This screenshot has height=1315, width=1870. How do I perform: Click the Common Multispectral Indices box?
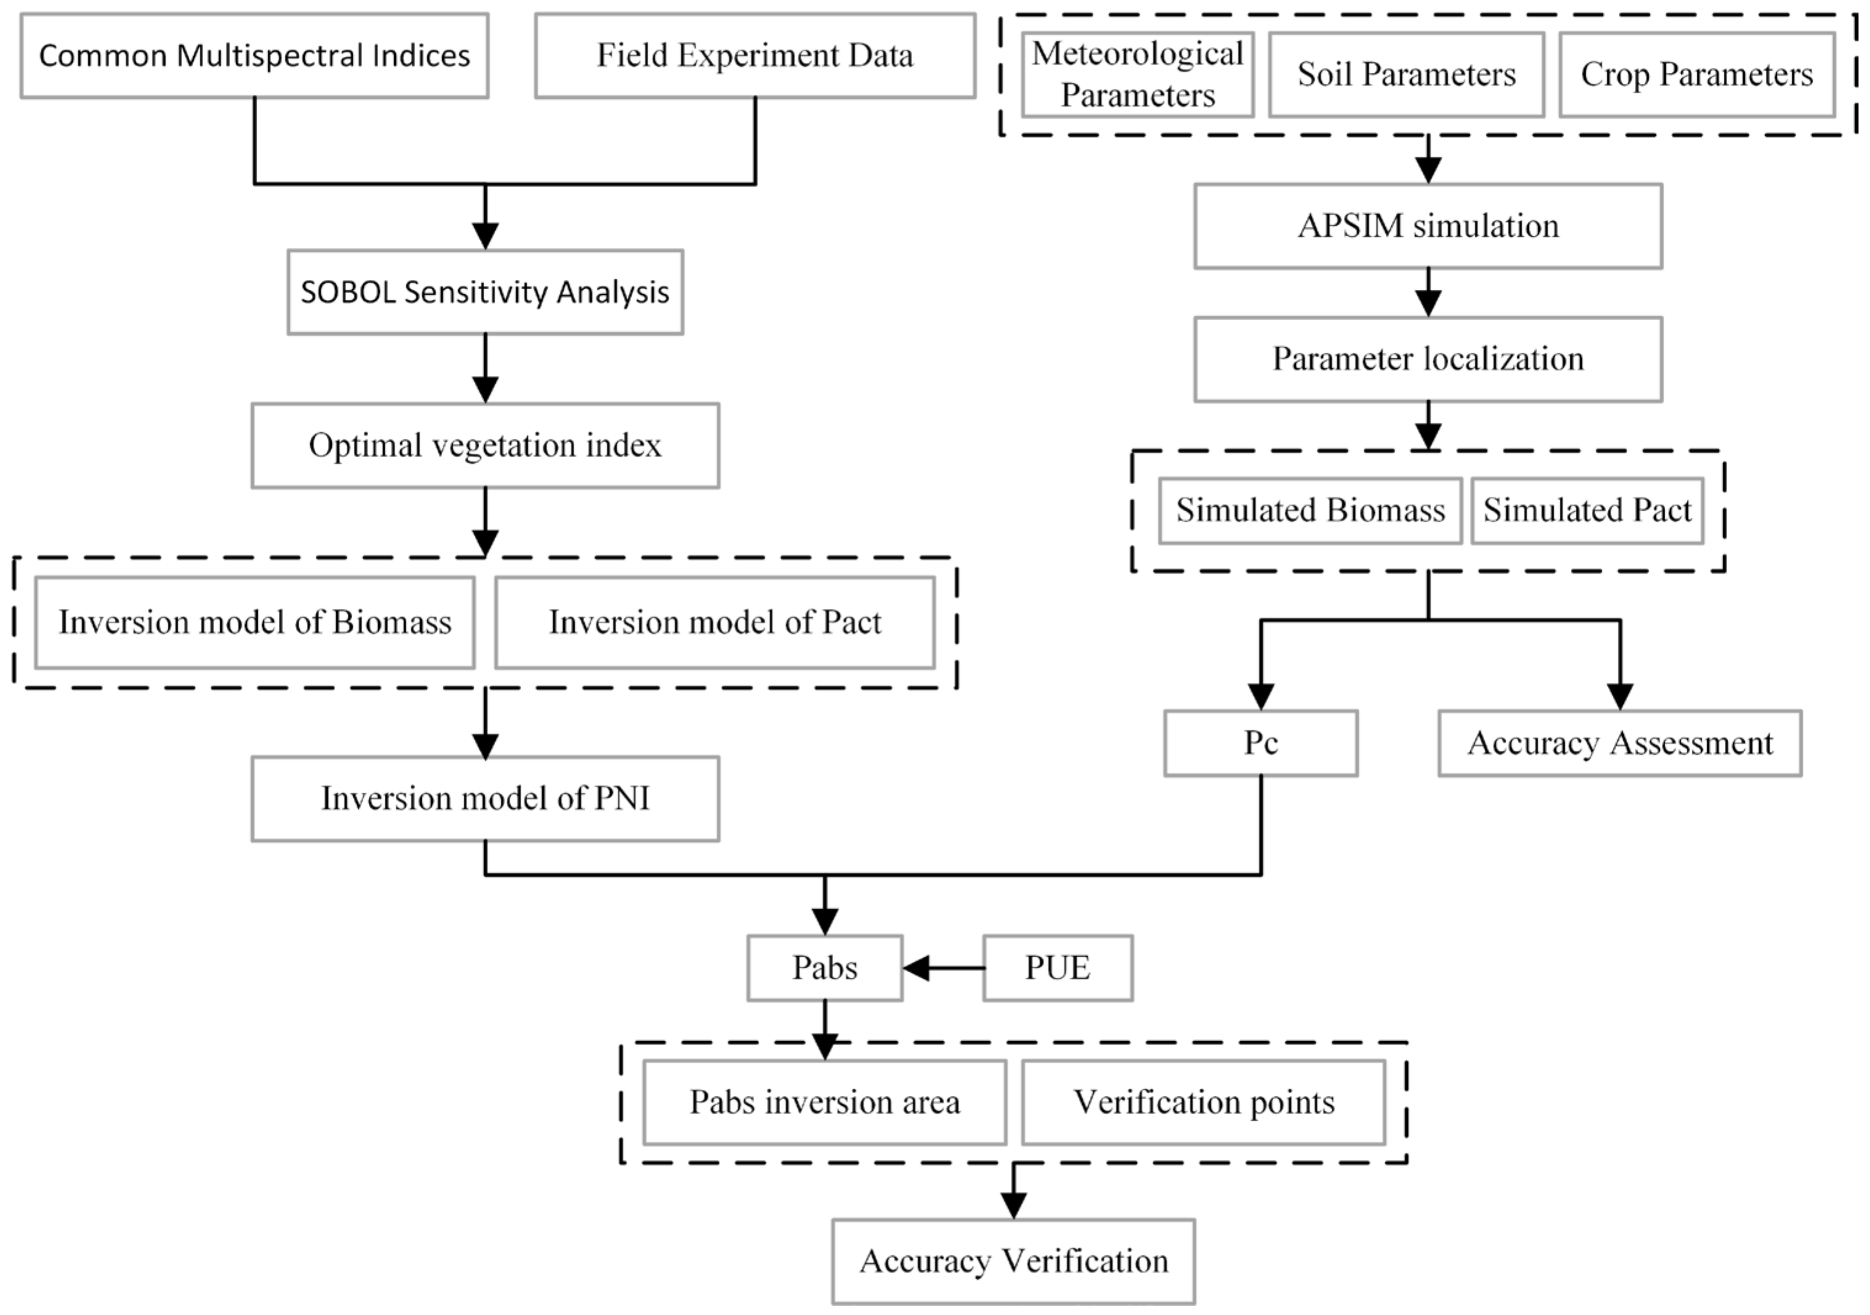coord(254,56)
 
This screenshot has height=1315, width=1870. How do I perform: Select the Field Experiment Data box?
coord(755,56)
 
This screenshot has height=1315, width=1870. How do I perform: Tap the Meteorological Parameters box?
coord(1138,74)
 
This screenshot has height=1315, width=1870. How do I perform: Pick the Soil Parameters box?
coord(1407,74)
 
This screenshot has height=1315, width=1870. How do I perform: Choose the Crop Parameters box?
coord(1697,74)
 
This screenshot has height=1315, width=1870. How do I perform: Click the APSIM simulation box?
coord(1428,226)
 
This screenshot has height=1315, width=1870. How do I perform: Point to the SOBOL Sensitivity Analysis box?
coord(485,292)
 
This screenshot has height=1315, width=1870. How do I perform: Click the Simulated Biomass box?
coord(1311,511)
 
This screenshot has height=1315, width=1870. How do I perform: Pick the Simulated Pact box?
coord(1588,511)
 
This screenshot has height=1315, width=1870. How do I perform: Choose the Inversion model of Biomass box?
coord(255,622)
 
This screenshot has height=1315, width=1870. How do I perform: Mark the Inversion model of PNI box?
coord(485,799)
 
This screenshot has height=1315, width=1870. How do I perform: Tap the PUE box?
coord(1058,968)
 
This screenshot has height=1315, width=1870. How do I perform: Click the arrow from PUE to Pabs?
coord(944,968)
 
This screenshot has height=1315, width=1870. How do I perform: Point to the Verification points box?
coord(1204,1102)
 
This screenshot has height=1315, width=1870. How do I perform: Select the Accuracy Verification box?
coord(1013,1261)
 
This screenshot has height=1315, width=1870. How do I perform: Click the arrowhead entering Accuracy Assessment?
coord(1620,696)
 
